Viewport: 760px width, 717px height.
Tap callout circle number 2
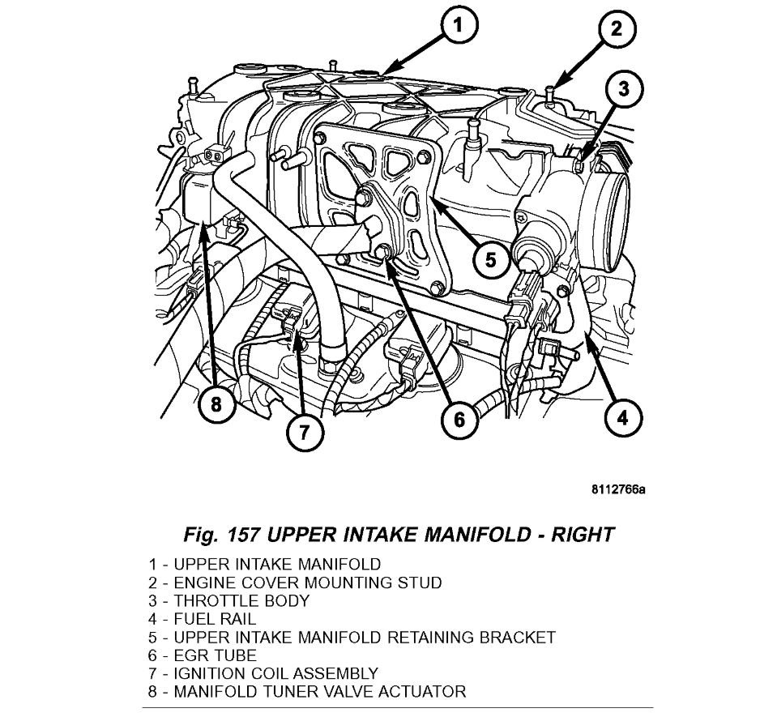pos(617,30)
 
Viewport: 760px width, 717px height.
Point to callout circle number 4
pos(621,418)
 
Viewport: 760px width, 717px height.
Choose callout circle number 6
pos(459,418)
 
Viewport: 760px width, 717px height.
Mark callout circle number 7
pos(301,431)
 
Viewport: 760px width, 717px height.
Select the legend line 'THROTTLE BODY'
pos(228,601)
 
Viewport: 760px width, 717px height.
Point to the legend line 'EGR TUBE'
pos(203,655)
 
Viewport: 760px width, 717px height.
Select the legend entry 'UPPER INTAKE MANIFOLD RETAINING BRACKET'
pos(352,638)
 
